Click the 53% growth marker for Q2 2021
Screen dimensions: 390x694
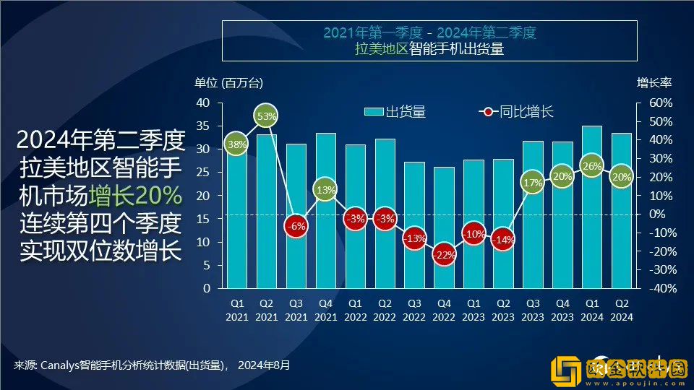pyautogui.click(x=267, y=116)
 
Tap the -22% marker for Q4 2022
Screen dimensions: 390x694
pyautogui.click(x=444, y=255)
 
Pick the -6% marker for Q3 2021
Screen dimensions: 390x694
pyautogui.click(x=296, y=225)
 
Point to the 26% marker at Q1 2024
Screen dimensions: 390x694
pyautogui.click(x=592, y=166)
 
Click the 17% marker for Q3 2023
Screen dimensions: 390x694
pyautogui.click(x=533, y=183)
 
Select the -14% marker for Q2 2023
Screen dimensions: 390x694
pyautogui.click(x=503, y=240)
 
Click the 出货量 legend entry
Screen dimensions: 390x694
pyautogui.click(x=395, y=112)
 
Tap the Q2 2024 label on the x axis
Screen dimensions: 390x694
pyautogui.click(x=622, y=311)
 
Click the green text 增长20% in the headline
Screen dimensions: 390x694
pyautogui.click(x=135, y=196)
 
